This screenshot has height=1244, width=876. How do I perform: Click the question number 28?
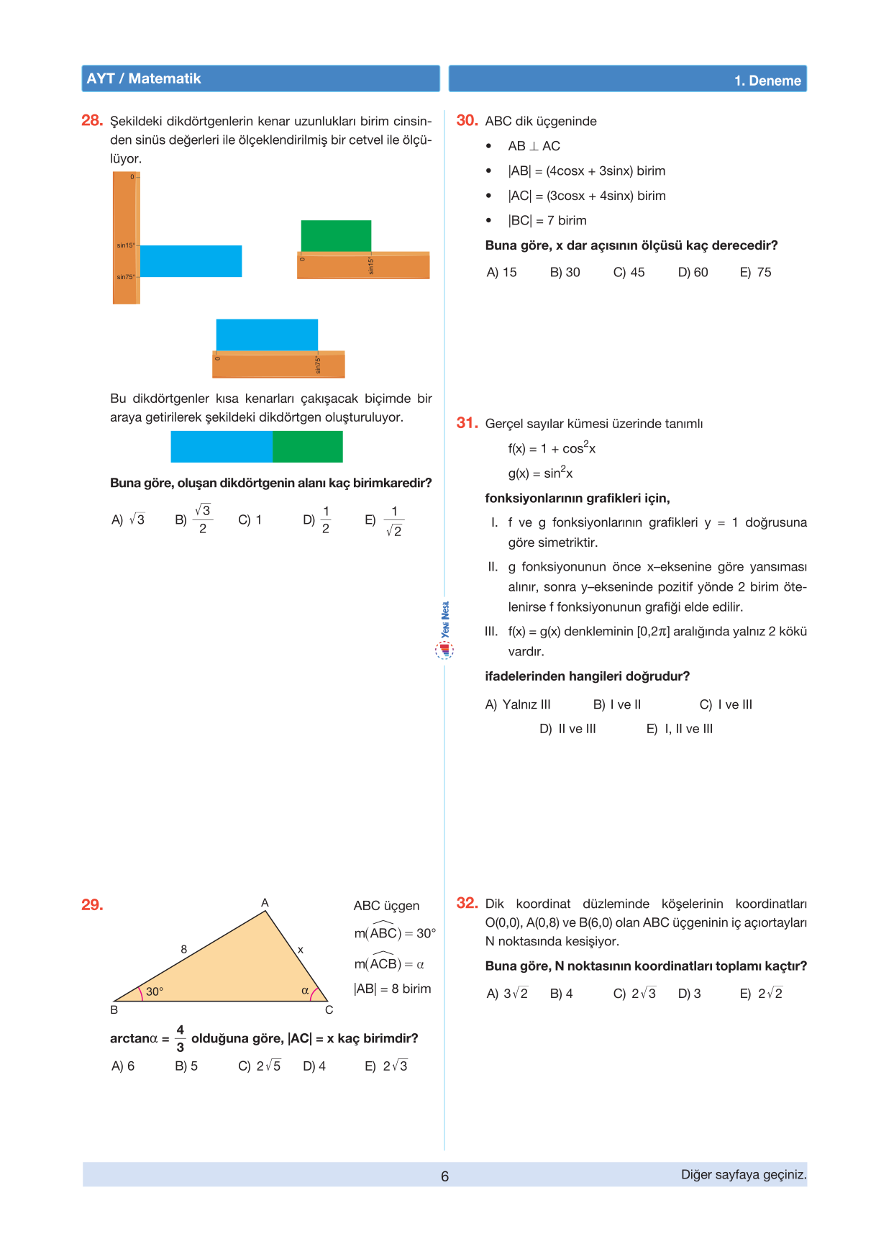[x=92, y=120]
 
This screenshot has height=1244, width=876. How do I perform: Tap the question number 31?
[x=467, y=422]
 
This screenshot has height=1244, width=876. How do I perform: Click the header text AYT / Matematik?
[x=144, y=78]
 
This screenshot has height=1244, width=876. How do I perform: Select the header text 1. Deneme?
[x=767, y=81]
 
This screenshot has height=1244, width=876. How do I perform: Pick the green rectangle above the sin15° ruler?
[x=336, y=236]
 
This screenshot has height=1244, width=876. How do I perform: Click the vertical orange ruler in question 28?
[x=125, y=237]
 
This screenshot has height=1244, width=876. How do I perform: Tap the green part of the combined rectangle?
[x=308, y=447]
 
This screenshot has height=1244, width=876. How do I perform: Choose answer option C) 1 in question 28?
[x=250, y=519]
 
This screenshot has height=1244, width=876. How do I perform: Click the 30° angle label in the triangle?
[x=155, y=991]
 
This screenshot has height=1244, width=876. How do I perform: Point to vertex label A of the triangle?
[x=265, y=902]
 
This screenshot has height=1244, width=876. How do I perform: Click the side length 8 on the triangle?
[x=184, y=949]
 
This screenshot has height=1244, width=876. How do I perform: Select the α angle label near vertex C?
[x=305, y=991]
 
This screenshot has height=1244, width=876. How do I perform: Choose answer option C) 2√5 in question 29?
[x=259, y=1066]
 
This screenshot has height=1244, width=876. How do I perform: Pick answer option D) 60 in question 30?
[x=693, y=272]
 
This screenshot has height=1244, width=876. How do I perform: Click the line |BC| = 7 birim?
[x=547, y=220]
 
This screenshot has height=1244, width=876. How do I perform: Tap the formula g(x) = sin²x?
[x=540, y=473]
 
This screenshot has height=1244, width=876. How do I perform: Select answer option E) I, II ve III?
[x=680, y=729]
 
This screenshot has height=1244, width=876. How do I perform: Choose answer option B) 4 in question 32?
[x=561, y=994]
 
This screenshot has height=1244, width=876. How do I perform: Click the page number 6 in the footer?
[x=444, y=1176]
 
